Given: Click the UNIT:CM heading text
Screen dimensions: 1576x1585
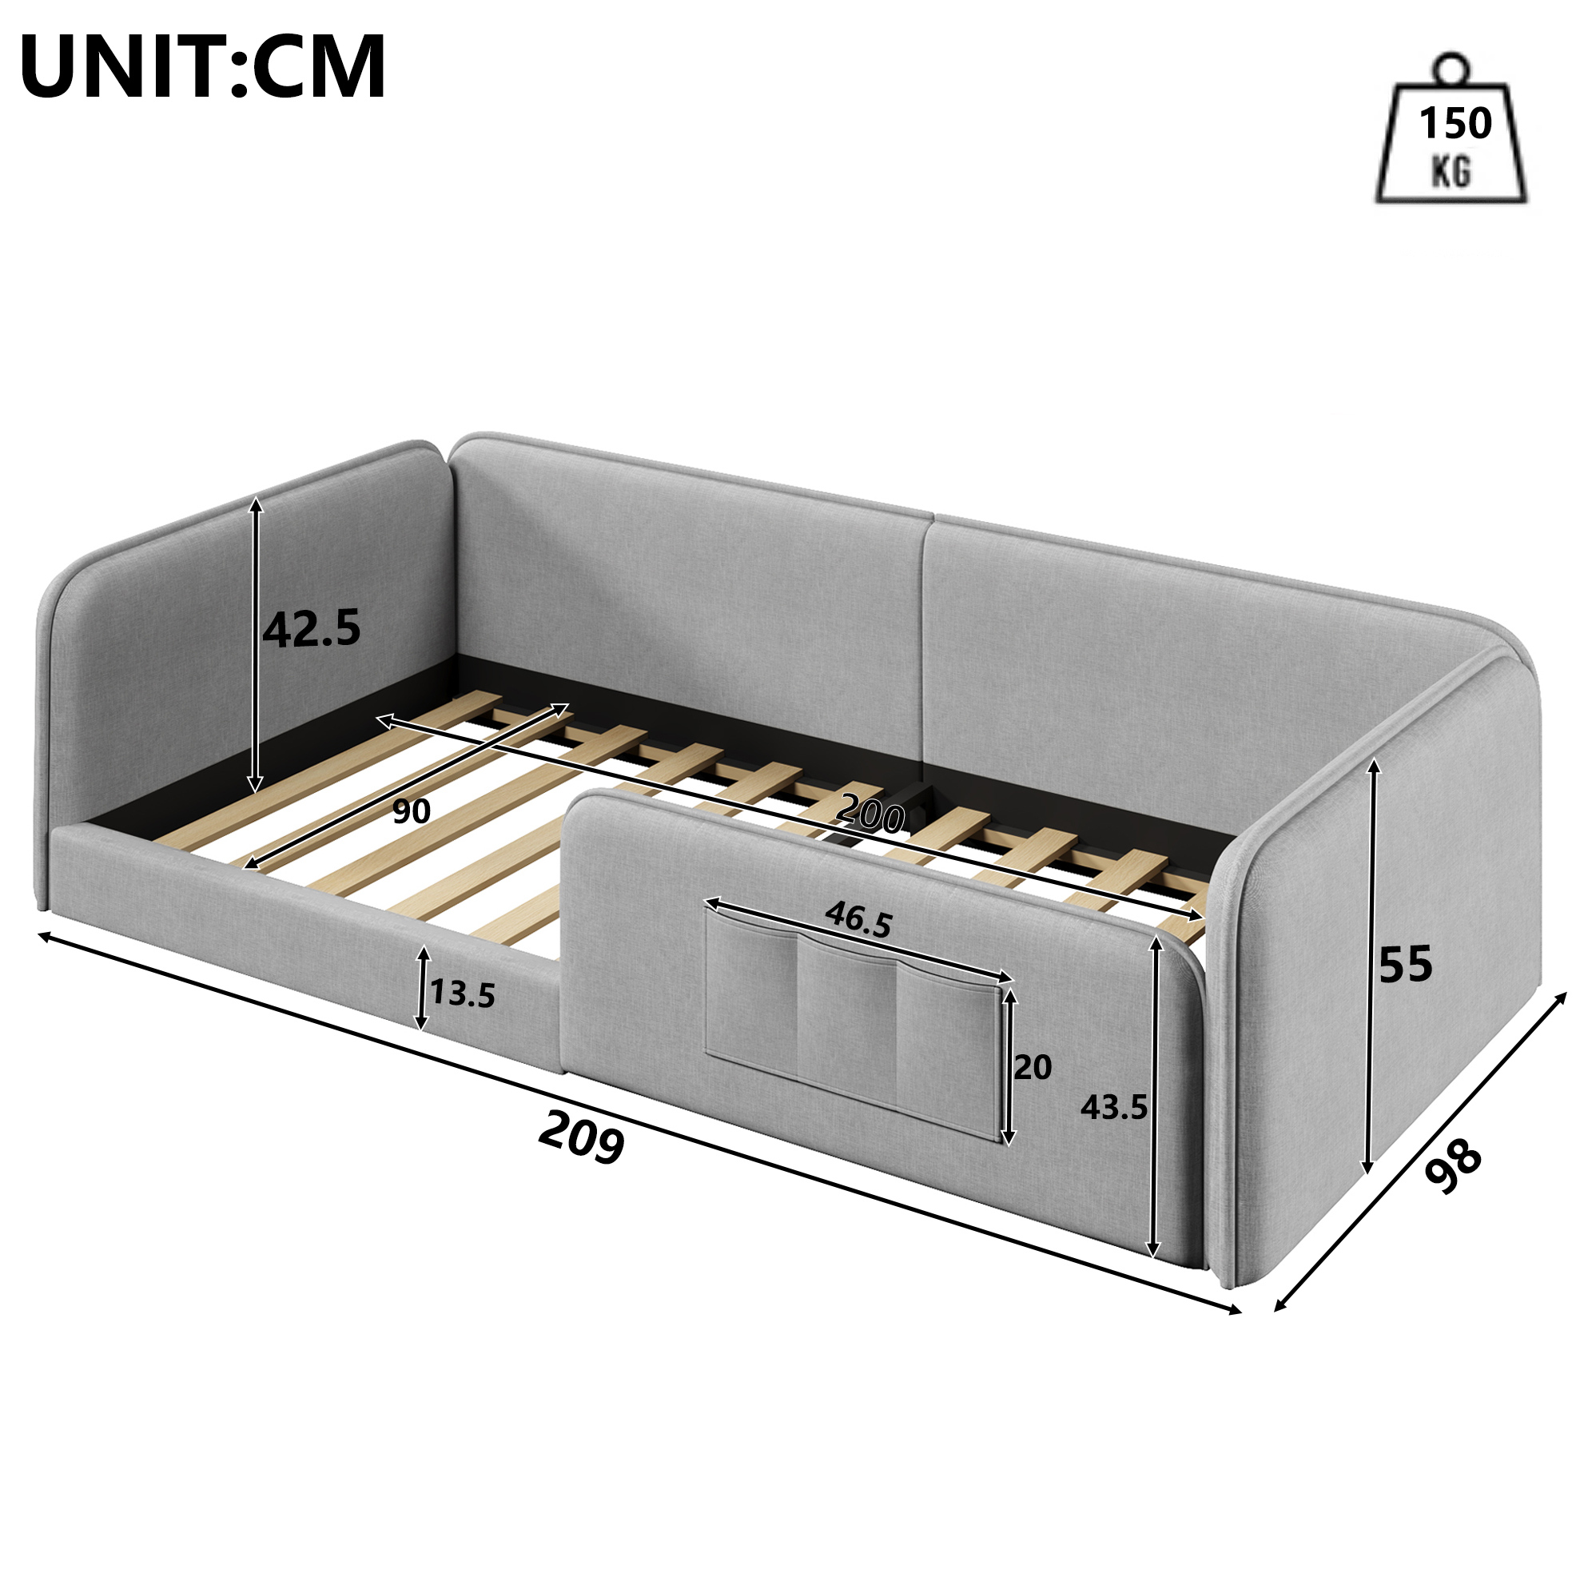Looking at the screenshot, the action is [203, 67].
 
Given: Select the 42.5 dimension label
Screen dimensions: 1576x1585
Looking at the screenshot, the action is [312, 629].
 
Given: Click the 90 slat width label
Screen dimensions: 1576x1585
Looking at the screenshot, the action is [411, 811].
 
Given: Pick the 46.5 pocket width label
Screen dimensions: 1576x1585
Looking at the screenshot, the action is [858, 919].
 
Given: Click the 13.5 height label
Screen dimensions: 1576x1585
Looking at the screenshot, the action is [463, 994].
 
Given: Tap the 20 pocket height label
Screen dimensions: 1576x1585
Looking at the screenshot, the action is [1033, 1067].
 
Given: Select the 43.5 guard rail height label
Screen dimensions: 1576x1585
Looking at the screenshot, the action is [1113, 1109].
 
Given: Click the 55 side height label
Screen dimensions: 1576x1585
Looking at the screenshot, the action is [1405, 964].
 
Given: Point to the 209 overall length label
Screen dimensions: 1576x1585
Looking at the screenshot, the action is [582, 1137].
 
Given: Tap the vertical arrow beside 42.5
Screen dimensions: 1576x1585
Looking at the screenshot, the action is [257, 644].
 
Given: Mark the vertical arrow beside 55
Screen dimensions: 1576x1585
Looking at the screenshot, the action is [1367, 966].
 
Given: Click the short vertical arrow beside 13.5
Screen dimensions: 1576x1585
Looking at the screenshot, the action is [422, 987].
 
